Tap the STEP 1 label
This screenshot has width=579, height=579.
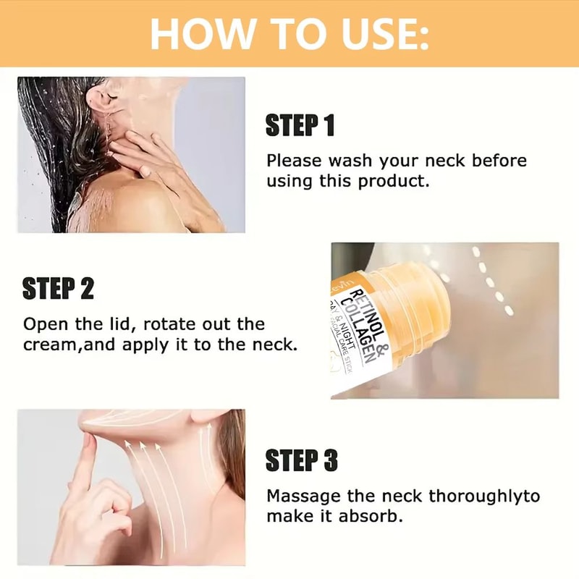point(300,125)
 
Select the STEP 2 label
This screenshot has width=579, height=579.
point(58,288)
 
